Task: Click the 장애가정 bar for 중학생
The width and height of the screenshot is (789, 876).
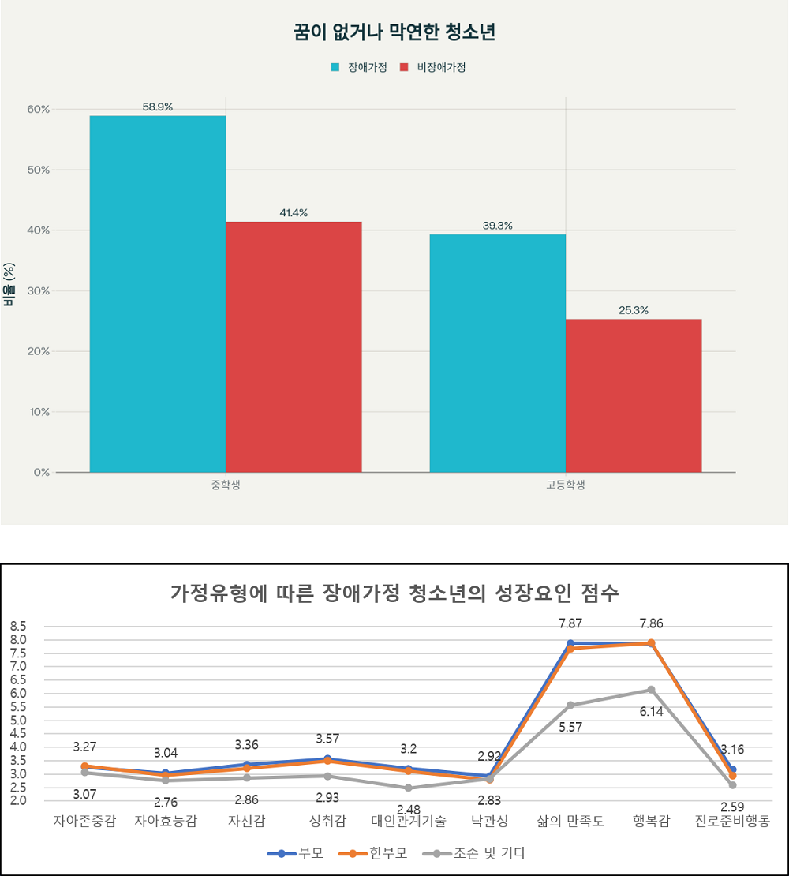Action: pos(158,294)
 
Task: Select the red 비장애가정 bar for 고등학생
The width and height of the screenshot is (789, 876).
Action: pos(634,395)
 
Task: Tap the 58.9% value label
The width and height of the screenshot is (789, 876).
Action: pos(158,107)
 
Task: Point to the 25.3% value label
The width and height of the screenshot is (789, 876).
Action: pos(634,310)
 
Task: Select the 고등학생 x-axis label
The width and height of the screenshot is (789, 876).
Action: pos(566,485)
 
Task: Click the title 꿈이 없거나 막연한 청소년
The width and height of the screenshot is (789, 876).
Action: pos(394,33)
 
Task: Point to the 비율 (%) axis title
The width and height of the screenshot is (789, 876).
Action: pos(9,284)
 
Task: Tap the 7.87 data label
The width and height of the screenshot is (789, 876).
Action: pos(570,623)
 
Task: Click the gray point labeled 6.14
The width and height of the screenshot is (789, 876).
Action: pos(652,690)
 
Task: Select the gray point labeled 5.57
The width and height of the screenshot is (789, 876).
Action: pos(570,705)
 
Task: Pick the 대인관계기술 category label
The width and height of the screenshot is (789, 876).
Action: pos(409,822)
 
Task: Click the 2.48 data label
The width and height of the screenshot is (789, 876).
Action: pos(409,808)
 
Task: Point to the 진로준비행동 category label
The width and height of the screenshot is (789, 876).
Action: pos(732,822)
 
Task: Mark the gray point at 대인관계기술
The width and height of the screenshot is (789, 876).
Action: pos(409,788)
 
